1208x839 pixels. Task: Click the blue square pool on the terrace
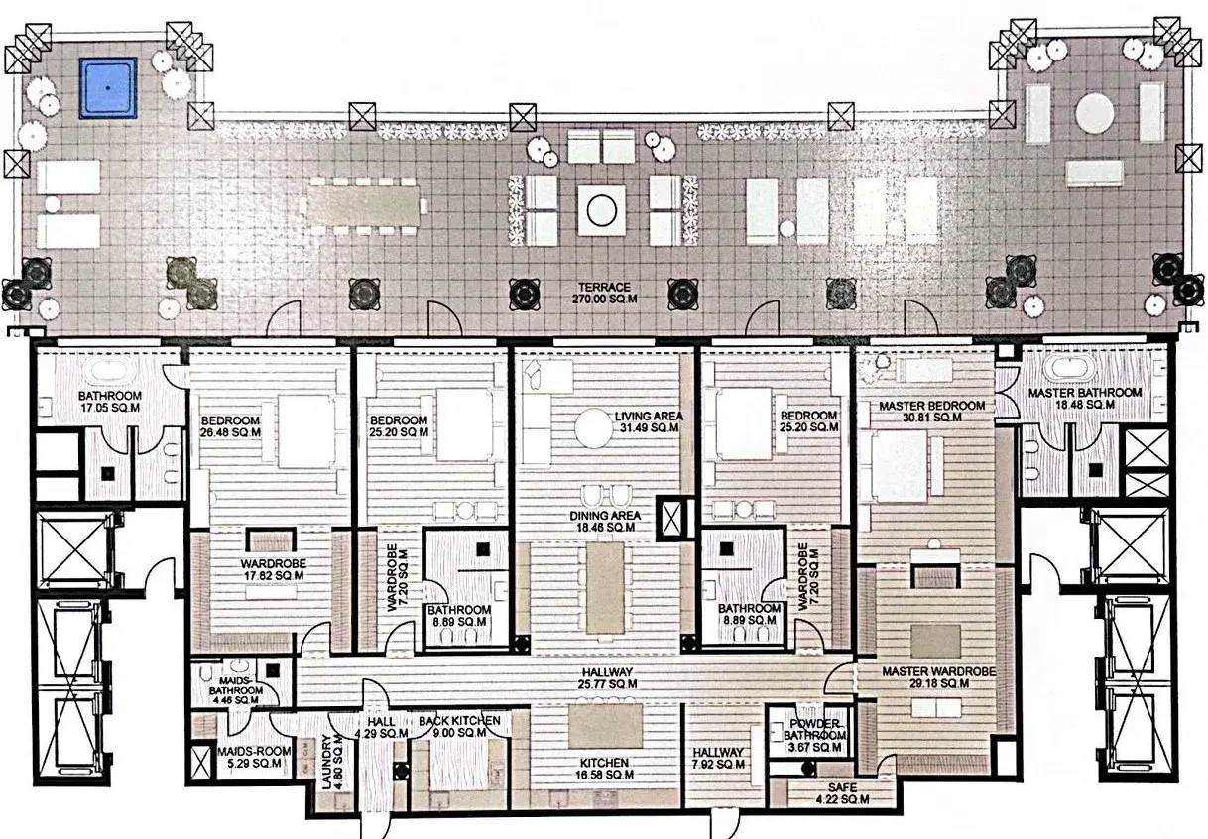[x=108, y=88]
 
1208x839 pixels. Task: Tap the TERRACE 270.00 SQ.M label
[x=604, y=293]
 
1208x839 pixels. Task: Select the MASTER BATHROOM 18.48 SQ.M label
[x=1084, y=398]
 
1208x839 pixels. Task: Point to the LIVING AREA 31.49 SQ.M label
[x=649, y=421]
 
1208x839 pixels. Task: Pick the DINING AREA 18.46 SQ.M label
[x=605, y=522]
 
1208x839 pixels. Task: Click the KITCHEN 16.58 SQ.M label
[x=604, y=769]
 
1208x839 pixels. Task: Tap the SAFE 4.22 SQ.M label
[x=842, y=793]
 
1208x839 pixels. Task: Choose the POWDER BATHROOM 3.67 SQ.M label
[x=814, y=736]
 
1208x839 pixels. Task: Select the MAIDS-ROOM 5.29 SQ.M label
[x=254, y=757]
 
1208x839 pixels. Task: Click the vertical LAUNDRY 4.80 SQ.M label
[x=331, y=762]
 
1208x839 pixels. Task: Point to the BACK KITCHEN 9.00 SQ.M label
[x=459, y=726]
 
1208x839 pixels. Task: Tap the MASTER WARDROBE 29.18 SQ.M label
[x=939, y=677]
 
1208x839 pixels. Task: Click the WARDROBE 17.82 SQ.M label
[x=273, y=569]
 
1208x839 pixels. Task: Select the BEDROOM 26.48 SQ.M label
[x=230, y=426]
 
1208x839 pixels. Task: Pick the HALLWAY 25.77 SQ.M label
[x=607, y=677]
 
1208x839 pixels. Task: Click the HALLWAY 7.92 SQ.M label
[x=718, y=758]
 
